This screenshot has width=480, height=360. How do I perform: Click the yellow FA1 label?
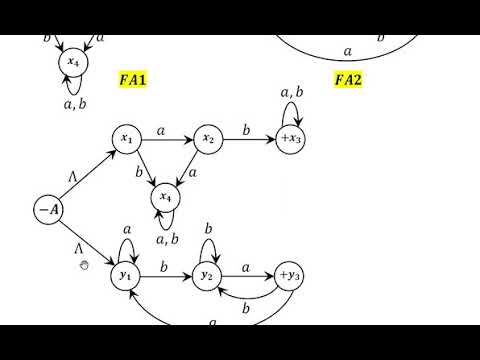pos(131,79)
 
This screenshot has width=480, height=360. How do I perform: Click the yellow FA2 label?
pos(350,79)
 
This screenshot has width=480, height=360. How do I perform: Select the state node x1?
pos(127,140)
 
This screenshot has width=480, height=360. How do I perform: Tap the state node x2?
pos(208,140)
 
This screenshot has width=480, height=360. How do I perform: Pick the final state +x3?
pos(290,140)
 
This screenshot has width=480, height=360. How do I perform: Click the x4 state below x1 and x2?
pos(167,200)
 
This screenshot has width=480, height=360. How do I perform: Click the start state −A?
pos(48,210)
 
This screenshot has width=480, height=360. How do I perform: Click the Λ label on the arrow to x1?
pos(73,177)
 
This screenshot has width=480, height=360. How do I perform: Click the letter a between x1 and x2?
pos(163,130)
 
